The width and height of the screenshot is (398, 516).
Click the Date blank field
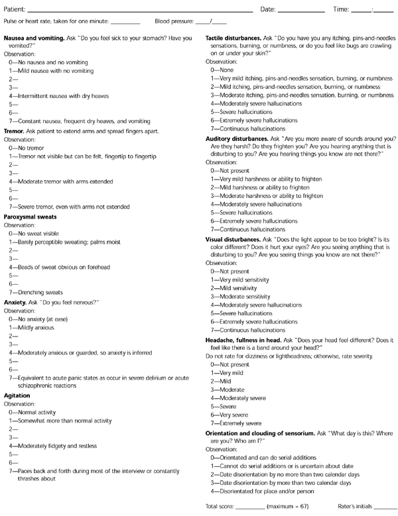(301, 11)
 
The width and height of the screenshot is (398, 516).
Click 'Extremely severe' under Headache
(242, 423)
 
